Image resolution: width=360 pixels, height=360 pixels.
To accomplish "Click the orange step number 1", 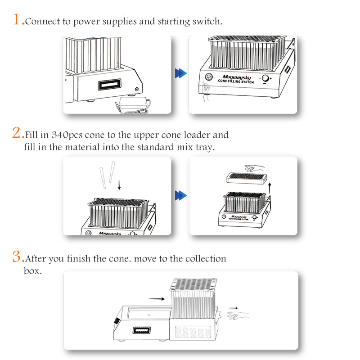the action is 17,19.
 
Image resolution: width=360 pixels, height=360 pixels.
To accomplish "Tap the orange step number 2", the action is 17,133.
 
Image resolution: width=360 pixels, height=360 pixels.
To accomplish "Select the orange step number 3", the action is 17,256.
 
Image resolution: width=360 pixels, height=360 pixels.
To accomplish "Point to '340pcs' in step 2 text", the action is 67,135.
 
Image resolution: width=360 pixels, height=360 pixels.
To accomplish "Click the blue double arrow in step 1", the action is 181,73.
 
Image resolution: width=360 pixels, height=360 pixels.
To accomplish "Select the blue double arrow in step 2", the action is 181,195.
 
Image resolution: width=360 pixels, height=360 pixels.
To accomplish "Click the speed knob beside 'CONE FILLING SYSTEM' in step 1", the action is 265,78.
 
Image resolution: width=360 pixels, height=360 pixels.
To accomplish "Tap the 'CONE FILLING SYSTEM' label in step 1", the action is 236,81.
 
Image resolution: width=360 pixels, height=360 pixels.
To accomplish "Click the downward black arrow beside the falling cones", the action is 119,185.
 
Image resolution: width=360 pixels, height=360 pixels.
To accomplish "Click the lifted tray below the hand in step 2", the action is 247,178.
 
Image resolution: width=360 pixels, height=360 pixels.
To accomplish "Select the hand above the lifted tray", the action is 254,168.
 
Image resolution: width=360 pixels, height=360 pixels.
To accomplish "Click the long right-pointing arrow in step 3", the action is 157,299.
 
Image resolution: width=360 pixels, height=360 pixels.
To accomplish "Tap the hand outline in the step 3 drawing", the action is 238,316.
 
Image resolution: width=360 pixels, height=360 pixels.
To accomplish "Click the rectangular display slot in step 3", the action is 142,330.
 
